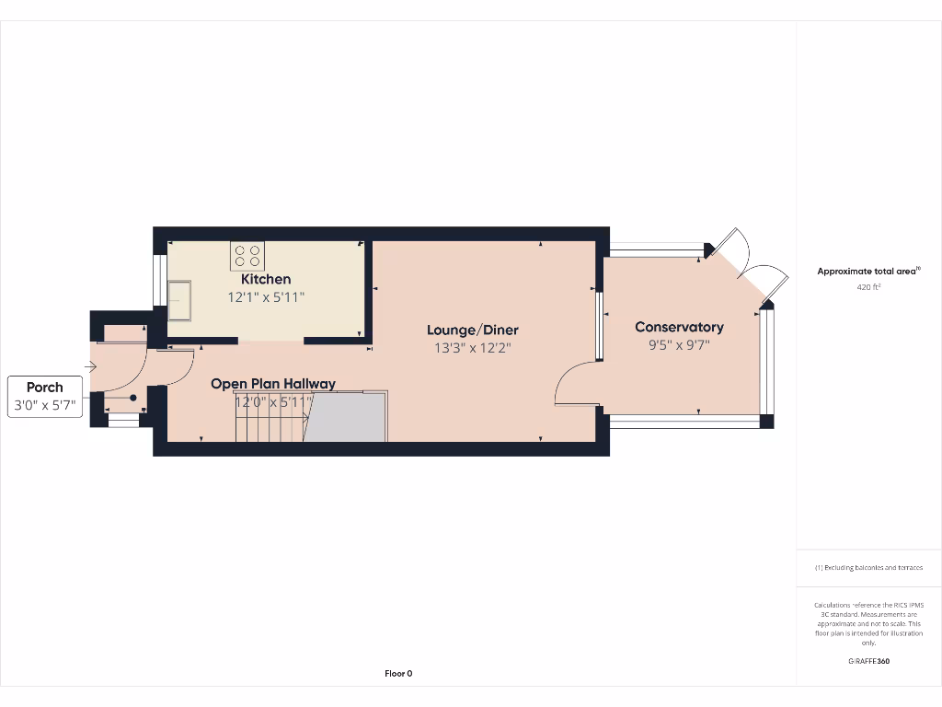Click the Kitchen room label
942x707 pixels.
tap(266, 279)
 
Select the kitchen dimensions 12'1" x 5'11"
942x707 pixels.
tap(266, 297)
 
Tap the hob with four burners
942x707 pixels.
tap(247, 255)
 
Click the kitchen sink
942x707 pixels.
tap(178, 299)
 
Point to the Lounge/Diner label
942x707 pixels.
tap(473, 330)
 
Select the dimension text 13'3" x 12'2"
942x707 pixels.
tap(473, 348)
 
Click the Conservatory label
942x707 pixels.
tap(679, 327)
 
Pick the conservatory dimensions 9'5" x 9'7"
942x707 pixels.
tap(679, 345)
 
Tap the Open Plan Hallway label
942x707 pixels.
tap(273, 384)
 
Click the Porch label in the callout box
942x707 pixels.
tap(45, 388)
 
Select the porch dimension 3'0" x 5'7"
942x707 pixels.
tap(45, 405)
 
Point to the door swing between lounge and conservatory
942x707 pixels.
tap(576, 383)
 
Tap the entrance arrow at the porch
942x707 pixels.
tap(90, 367)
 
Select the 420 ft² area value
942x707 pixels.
tap(868, 287)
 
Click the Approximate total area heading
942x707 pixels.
tap(867, 272)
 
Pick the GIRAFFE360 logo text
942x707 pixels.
tap(868, 661)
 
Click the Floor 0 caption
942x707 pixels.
tap(398, 674)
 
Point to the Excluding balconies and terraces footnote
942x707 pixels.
tap(868, 568)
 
